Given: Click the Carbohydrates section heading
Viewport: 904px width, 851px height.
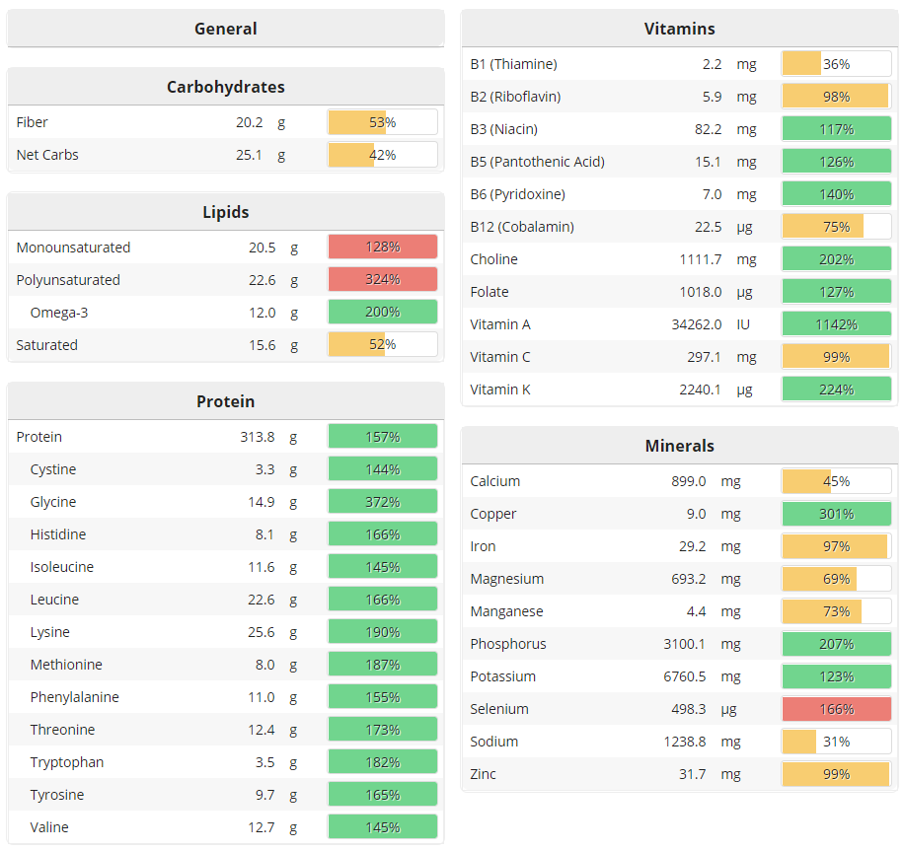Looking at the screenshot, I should point(225,87).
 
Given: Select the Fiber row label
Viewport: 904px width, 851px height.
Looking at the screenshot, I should point(33,122).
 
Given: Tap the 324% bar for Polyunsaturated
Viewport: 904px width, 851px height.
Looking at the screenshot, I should point(382,279).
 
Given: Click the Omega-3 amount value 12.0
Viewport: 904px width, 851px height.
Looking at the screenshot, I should point(262,312).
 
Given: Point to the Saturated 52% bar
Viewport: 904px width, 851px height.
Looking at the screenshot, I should point(382,344).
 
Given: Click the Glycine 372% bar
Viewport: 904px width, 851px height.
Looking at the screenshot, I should point(382,501).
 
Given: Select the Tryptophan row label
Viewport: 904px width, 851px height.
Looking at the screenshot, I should point(66,761).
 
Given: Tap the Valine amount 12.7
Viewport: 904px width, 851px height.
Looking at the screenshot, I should point(262,826).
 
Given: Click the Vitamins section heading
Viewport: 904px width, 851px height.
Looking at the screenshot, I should point(679,29).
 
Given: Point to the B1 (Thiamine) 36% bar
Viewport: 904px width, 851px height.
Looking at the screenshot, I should point(836,64).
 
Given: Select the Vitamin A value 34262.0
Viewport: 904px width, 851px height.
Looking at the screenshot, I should point(696,323).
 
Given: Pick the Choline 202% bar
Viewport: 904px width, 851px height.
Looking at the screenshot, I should point(836,258).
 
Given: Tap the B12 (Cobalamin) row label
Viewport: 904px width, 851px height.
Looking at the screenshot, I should point(522,226).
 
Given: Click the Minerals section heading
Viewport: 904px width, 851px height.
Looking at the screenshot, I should point(679,446).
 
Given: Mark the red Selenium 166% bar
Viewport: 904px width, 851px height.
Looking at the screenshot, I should point(836,708).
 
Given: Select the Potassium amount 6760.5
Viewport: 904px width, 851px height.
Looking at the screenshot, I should point(698,675).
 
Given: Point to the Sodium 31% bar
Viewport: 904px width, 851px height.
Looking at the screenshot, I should point(836,741).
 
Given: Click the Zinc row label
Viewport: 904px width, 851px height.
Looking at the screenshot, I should point(484,773).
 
